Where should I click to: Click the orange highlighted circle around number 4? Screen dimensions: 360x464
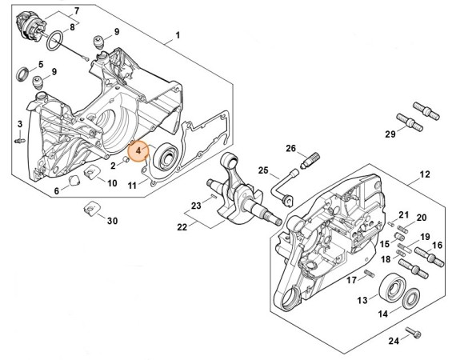(139, 150)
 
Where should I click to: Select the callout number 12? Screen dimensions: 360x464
(425, 174)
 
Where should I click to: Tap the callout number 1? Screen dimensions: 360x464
(178, 35)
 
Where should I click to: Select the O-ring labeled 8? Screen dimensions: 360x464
(55, 40)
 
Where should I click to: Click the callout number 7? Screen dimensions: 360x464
(78, 10)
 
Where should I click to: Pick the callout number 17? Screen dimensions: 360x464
(351, 279)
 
